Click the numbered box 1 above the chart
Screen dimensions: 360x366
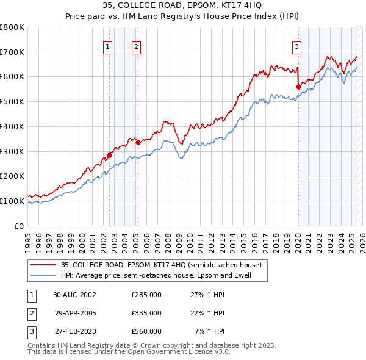pos(107,46)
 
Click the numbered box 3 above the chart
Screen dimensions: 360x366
pos(296,46)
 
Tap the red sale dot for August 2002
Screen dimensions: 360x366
pos(110,155)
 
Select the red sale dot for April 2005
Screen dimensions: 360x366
pos(138,143)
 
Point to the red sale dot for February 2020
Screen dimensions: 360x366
pos(298,87)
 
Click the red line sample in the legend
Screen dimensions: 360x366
pos(44,265)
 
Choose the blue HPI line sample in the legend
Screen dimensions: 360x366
pos(44,275)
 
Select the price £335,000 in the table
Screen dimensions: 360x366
pos(146,313)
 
